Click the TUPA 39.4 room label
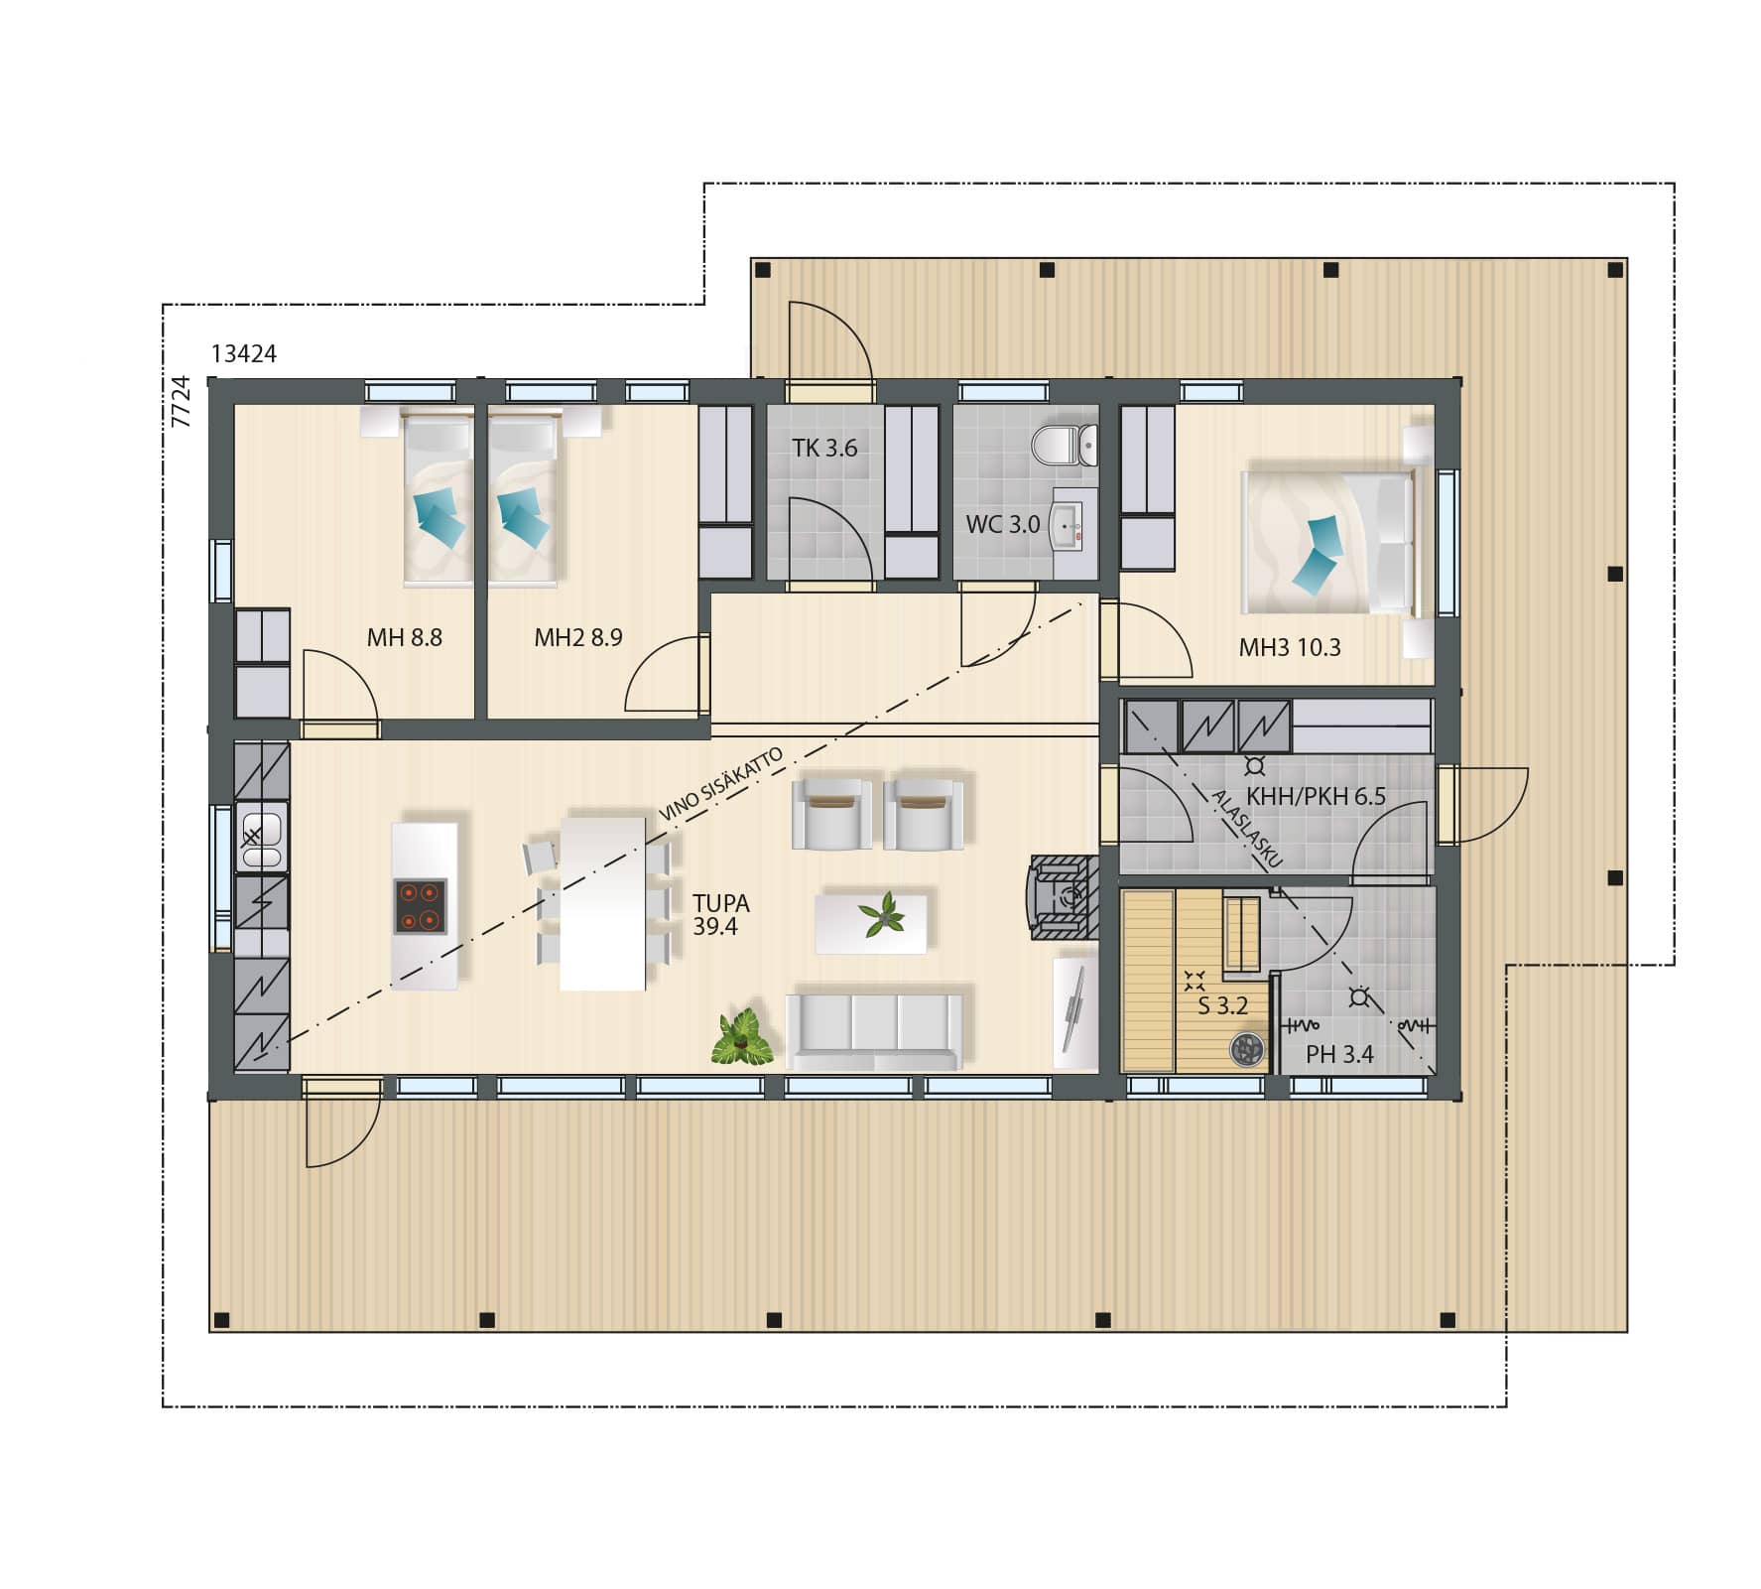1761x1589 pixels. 721,914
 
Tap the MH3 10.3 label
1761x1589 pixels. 1290,648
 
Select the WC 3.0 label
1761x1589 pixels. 1003,524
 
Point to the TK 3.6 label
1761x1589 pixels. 824,448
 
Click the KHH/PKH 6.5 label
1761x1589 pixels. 1316,796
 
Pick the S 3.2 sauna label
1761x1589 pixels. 1222,1005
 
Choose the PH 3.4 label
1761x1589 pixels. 1339,1054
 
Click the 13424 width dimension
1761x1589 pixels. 244,353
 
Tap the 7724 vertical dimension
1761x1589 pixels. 180,401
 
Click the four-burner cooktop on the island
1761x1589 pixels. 420,906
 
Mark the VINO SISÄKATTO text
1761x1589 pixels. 721,783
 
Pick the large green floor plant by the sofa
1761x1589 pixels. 741,1038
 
